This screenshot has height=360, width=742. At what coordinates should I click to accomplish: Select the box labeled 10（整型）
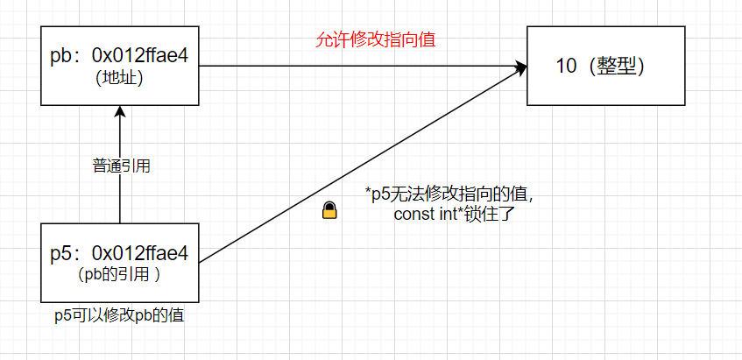click(x=604, y=66)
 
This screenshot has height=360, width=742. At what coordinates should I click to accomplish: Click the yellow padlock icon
click(x=329, y=210)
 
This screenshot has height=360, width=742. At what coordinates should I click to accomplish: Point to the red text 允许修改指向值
click(x=376, y=40)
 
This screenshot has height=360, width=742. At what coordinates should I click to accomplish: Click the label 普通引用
click(x=121, y=166)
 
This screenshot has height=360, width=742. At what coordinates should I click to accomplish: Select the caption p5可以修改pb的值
click(x=119, y=316)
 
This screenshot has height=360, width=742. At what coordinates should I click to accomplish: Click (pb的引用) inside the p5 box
click(x=119, y=273)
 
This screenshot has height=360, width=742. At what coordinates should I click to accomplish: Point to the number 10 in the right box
click(x=567, y=67)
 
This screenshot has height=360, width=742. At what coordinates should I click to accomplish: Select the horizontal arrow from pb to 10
click(x=350, y=66)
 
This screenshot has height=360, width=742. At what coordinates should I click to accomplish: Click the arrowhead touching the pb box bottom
click(x=120, y=111)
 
